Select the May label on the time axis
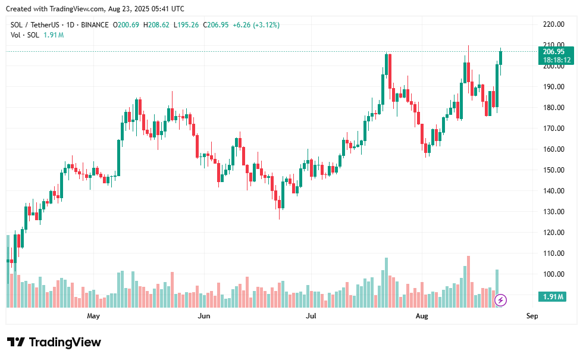tap(93, 316)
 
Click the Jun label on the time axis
tap(204, 316)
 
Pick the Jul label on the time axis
tap(311, 316)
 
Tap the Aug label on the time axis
tap(422, 316)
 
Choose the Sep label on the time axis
tap(532, 316)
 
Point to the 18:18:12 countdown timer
tap(557, 60)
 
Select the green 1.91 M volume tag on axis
tap(553, 296)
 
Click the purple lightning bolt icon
tap(501, 300)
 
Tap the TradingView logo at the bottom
tap(54, 342)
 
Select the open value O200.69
tap(128, 25)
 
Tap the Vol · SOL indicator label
tap(25, 35)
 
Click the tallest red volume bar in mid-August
tap(469, 281)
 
